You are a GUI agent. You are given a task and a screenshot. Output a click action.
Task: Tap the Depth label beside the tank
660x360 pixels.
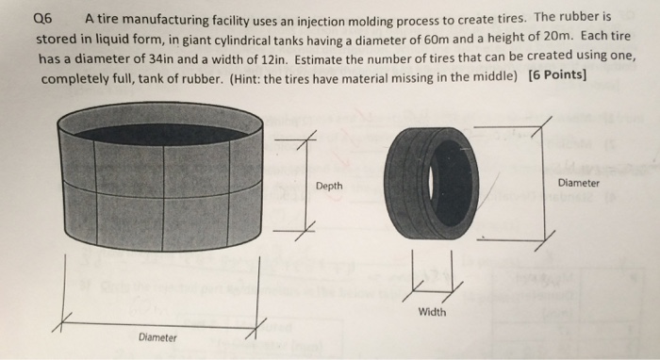point(329,187)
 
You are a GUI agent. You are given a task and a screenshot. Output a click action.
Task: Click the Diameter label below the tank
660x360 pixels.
point(157,336)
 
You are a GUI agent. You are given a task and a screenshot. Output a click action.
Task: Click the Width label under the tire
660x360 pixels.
point(434,312)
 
